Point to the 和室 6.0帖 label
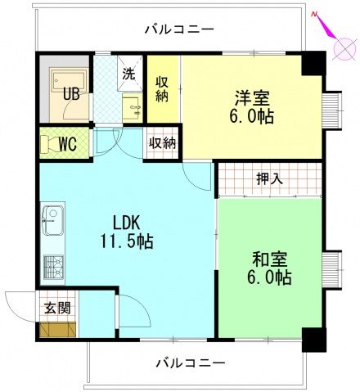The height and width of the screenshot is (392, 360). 271,269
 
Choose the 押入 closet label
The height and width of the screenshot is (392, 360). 269,179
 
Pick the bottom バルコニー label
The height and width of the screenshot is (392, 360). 186,361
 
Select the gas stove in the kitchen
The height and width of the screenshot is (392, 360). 53,267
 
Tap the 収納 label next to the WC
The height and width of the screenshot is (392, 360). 162,142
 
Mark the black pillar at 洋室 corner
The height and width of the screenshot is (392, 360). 312,64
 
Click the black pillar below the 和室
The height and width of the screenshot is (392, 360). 312,339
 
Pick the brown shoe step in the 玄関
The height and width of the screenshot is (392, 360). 56,330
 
